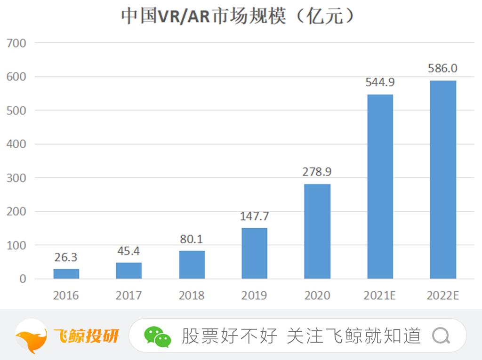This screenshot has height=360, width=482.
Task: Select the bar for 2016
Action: pos(66,273)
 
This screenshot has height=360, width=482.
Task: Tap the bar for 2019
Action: pos(254,253)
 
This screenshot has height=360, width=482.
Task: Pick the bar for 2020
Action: pos(317,231)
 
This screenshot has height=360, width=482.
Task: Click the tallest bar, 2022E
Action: pos(442,179)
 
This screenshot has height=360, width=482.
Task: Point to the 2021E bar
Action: pos(380,186)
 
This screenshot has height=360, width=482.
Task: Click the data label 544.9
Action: pos(380,82)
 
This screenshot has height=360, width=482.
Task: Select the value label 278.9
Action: pos(317,172)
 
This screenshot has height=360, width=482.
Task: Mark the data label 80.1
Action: pos(191,239)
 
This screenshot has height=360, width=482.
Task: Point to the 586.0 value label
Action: pos(442,68)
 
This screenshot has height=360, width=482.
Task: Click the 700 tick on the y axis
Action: pos(17,43)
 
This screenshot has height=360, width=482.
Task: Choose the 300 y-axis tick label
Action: pos(17,178)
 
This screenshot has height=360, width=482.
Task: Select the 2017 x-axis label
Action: pos(129,296)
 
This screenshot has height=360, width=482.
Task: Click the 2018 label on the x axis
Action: pos(192,296)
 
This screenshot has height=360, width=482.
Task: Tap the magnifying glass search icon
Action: pos(441,336)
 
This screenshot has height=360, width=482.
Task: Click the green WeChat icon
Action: pos(157,336)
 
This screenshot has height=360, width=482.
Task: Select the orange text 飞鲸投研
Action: pos(86,336)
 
